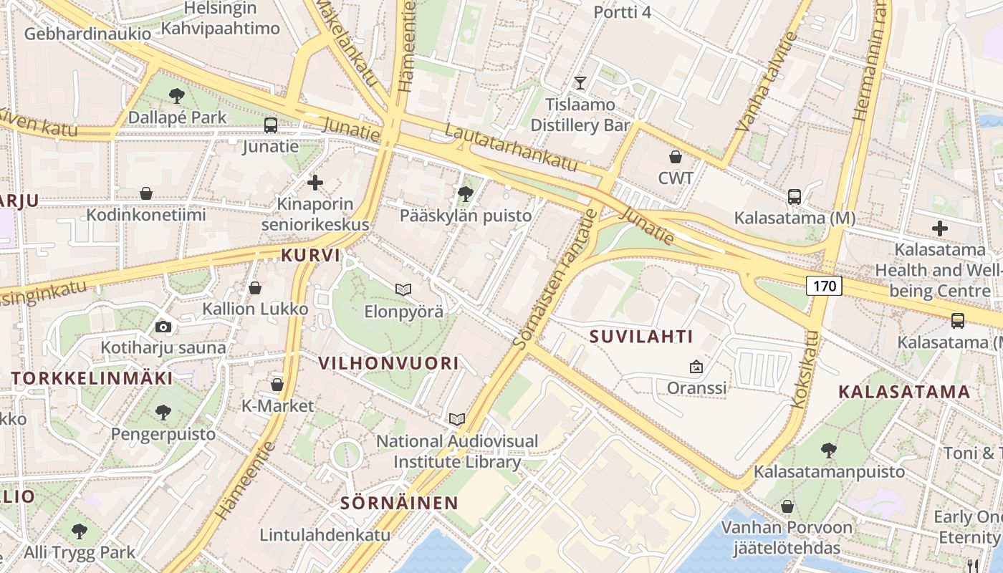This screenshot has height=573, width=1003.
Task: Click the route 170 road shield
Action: click(824, 286)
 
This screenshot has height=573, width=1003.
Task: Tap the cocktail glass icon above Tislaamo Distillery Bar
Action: click(580, 83)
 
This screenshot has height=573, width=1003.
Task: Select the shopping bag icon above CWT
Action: click(675, 156)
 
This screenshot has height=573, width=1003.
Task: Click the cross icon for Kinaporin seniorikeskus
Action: click(315, 183)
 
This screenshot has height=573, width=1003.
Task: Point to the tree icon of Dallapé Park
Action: click(176, 95)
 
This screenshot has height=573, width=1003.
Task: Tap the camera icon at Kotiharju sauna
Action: click(163, 327)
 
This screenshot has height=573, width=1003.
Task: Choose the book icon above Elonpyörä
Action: click(403, 289)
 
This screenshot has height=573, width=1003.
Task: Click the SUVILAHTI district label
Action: click(641, 337)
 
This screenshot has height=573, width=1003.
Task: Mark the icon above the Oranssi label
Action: click(696, 367)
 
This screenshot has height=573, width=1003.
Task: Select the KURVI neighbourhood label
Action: click(310, 255)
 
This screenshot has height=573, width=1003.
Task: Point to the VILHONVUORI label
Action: click(388, 363)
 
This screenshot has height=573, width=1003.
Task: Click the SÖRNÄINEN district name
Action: click(399, 503)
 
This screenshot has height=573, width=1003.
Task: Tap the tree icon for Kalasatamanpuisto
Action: click(829, 451)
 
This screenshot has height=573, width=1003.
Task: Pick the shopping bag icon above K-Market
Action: click(277, 385)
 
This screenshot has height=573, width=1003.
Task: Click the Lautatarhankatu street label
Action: click(511, 148)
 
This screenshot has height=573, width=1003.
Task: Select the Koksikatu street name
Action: click(806, 370)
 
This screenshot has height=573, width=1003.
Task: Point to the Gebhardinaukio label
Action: click(87, 34)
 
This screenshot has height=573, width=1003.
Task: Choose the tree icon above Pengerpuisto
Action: click(163, 412)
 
